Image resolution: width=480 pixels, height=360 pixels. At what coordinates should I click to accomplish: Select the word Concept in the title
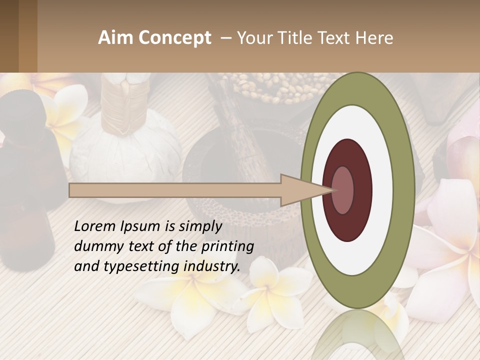pyautogui.click(x=174, y=38)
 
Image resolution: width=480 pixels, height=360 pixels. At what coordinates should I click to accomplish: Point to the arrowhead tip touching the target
pyautogui.click(x=332, y=190)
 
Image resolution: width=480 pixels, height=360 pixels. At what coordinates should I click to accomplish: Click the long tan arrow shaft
pyautogui.click(x=175, y=190)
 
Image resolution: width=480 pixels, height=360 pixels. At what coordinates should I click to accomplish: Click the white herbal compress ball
pyautogui.click(x=125, y=150)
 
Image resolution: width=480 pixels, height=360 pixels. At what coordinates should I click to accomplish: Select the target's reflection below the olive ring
pyautogui.click(x=357, y=335)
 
